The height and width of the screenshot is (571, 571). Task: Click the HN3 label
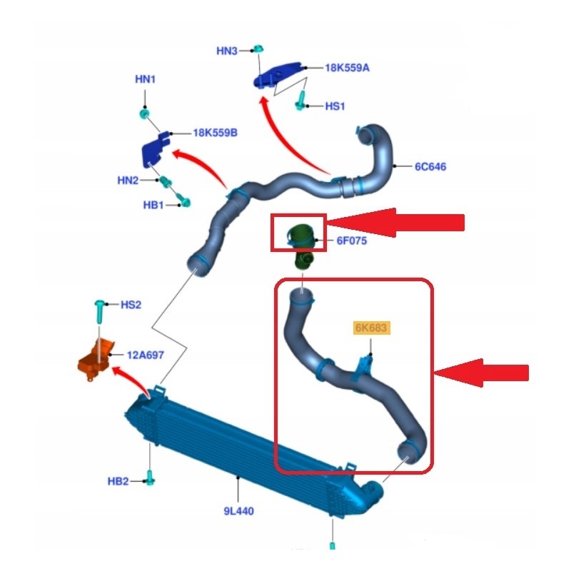point(226,51)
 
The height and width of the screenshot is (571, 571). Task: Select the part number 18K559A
point(347,68)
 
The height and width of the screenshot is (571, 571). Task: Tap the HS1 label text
point(335,106)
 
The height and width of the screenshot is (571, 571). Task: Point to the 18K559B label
point(216,133)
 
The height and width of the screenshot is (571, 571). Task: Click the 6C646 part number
point(430,167)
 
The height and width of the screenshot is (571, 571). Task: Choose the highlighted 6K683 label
point(371,328)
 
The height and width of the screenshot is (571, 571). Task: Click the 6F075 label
point(351,241)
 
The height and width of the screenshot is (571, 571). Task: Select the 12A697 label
point(146,355)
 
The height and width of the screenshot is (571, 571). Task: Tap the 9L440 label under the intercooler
point(238,511)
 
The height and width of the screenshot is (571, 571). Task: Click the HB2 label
point(118,481)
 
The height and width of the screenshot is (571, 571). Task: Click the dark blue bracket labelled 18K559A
point(278,75)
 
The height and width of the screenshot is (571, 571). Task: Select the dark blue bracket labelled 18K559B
point(154,150)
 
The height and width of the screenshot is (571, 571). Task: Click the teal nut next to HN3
point(258,49)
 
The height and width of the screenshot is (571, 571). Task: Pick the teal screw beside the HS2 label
point(99,312)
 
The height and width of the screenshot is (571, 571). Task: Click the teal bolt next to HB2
point(150,477)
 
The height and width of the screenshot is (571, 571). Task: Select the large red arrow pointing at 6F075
point(396,223)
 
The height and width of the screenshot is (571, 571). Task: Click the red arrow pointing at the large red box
point(481,373)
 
